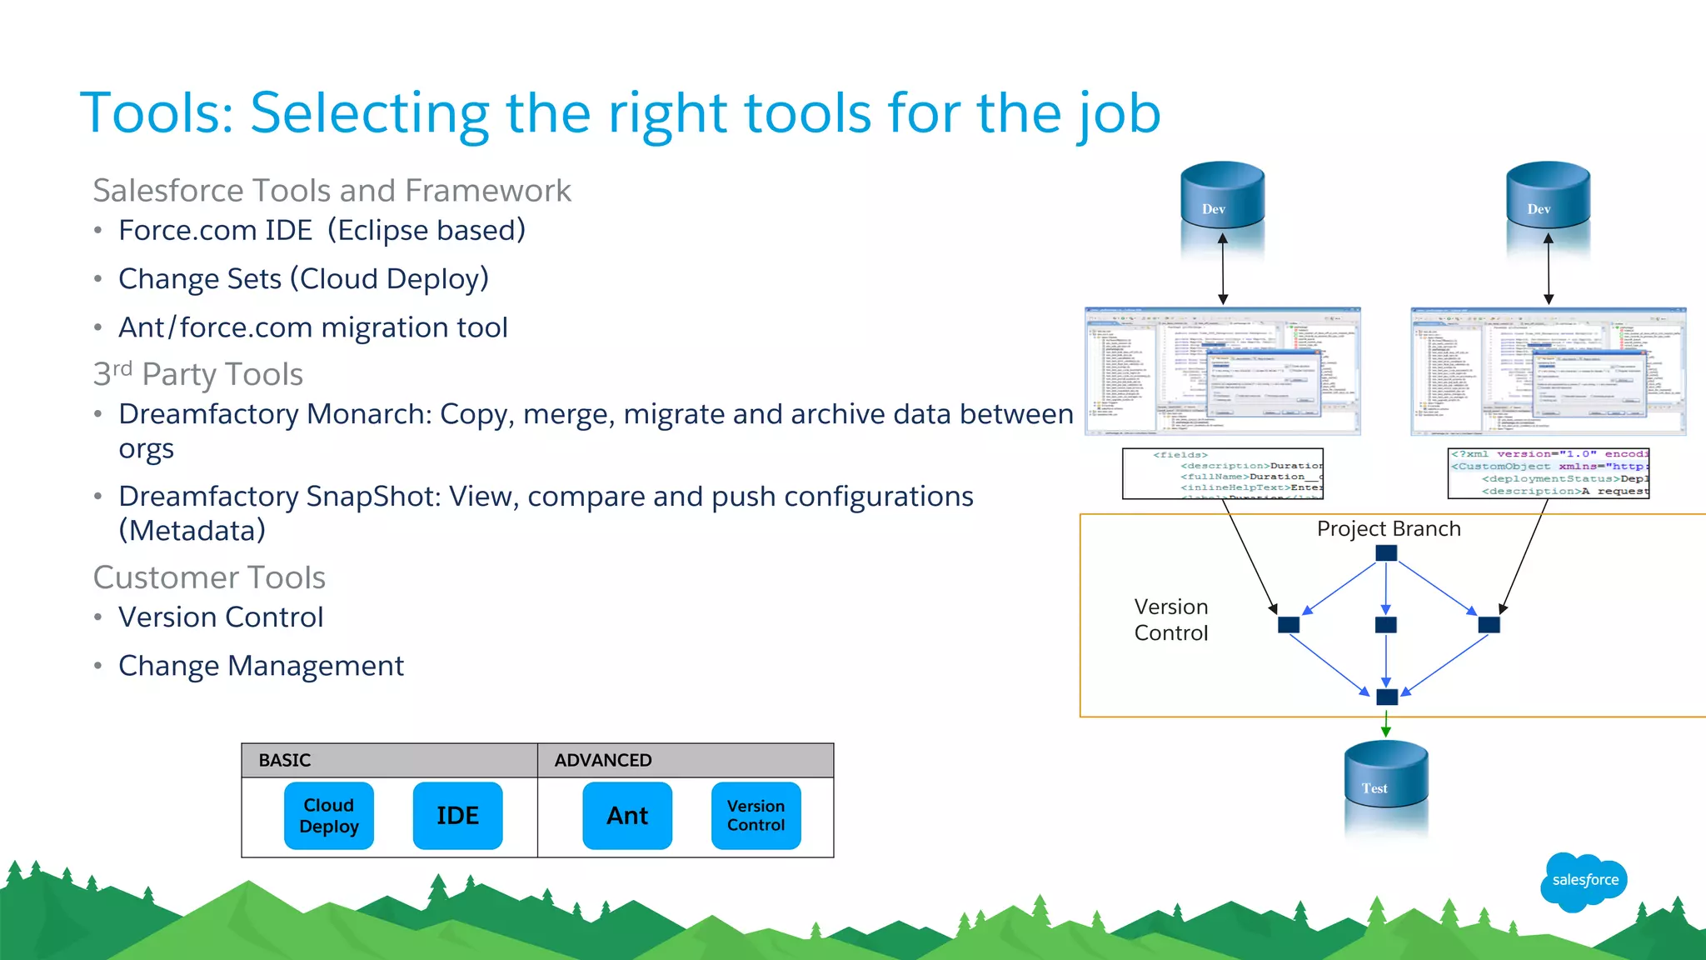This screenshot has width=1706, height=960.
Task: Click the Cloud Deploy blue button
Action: (x=328, y=816)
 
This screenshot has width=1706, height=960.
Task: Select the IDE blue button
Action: (x=457, y=816)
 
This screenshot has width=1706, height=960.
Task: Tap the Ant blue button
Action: (x=627, y=816)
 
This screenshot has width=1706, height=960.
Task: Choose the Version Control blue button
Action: (x=756, y=816)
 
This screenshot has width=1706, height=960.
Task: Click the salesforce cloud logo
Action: (x=1584, y=881)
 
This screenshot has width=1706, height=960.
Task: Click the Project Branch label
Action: (x=1389, y=529)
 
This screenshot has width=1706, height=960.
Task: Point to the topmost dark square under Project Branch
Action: (x=1386, y=552)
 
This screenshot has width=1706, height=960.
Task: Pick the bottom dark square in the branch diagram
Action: (x=1387, y=697)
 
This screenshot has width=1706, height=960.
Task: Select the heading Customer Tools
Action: (x=209, y=577)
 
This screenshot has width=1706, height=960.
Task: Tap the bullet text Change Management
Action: (x=261, y=666)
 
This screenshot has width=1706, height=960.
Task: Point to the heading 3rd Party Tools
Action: (x=198, y=374)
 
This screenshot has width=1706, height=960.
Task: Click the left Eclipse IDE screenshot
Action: (x=1222, y=371)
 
